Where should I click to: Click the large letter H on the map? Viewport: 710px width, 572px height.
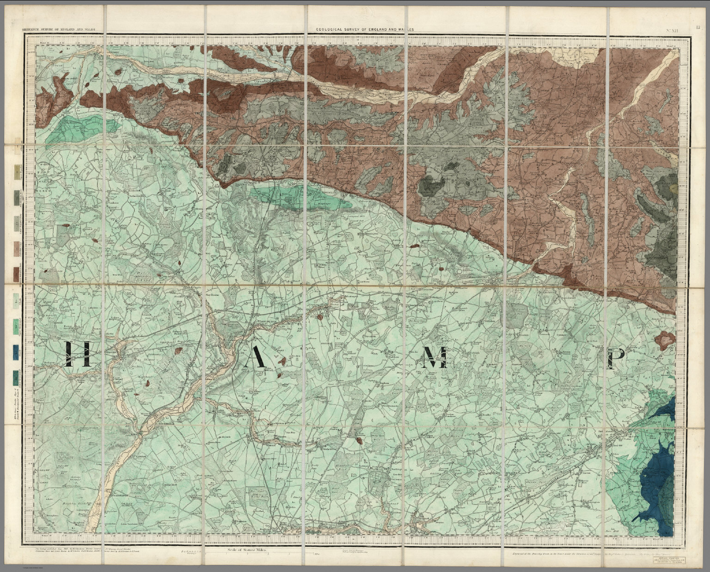(x=76, y=355)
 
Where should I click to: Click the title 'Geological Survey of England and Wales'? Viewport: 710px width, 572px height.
(x=365, y=29)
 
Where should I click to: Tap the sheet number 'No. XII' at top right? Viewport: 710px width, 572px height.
(x=672, y=30)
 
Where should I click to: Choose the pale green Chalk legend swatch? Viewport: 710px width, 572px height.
(x=17, y=302)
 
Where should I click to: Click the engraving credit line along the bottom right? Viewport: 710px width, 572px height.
(x=596, y=553)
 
